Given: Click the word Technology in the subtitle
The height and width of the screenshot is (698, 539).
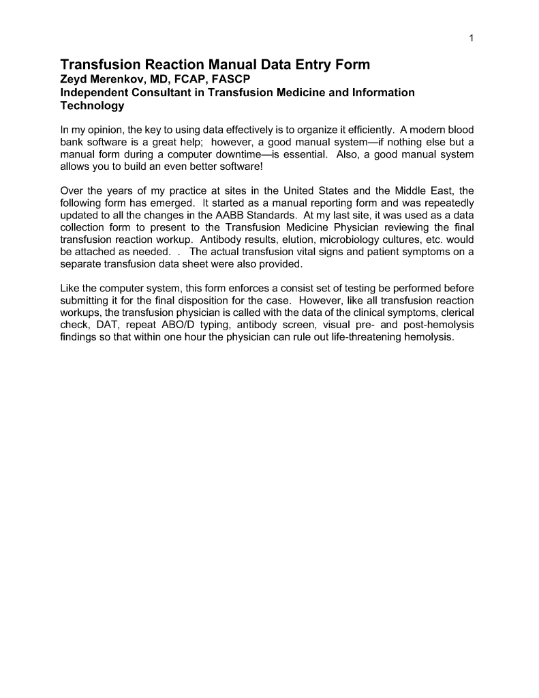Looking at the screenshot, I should coord(92,106).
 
